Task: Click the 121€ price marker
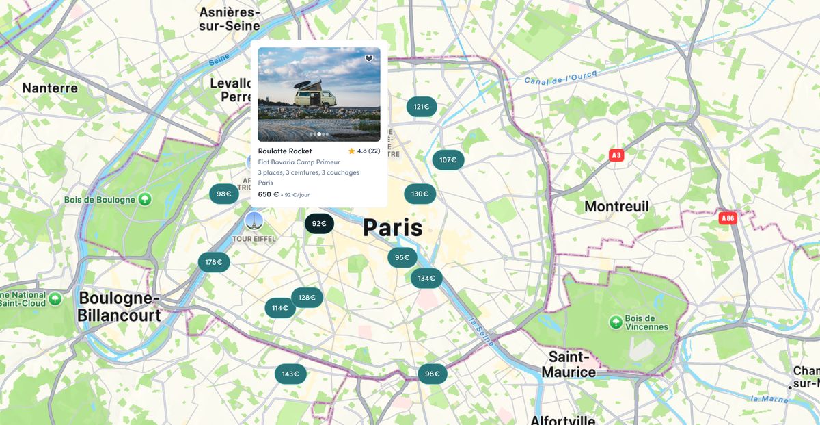[422, 107]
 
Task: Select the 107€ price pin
[448, 160]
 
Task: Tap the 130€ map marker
[420, 194]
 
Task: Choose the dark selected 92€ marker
[319, 223]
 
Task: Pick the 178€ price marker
[214, 261]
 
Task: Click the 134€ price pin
[426, 278]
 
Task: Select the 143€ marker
[290, 374]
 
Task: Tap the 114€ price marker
[280, 308]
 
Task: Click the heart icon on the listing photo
[369, 59]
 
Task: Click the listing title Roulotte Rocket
[285, 151]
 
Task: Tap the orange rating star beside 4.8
[351, 151]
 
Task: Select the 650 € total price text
[269, 194]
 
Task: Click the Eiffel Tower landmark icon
[254, 220]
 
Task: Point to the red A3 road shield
[616, 155]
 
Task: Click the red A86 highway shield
[728, 218]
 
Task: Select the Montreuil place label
[616, 206]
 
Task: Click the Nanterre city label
[50, 88]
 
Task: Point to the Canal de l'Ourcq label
[561, 77]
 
